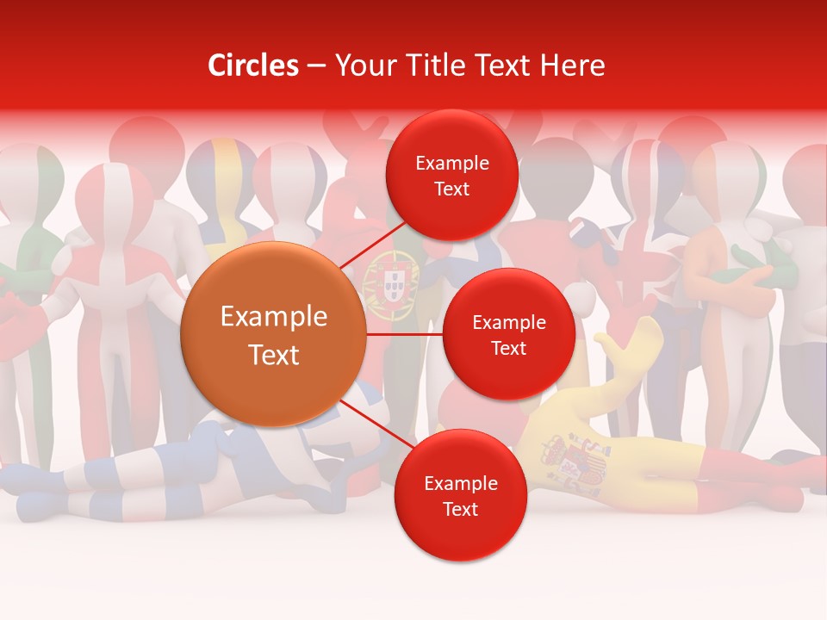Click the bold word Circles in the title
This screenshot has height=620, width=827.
tap(253, 65)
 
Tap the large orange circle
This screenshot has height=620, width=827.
tap(273, 334)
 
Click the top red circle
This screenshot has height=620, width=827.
tap(451, 175)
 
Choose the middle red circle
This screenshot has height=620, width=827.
tap(508, 334)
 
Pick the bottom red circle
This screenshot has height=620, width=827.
tap(460, 495)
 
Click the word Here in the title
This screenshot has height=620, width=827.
tap(573, 65)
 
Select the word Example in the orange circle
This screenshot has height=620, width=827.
tap(273, 317)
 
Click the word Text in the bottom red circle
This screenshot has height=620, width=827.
tap(460, 509)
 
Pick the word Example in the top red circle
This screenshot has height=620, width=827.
tap(451, 163)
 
